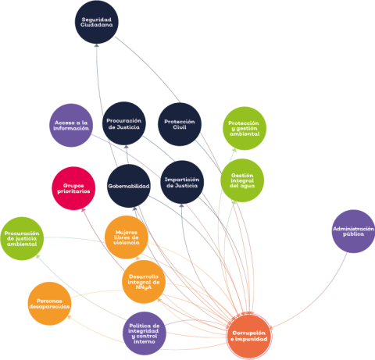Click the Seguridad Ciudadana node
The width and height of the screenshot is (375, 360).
[x=97, y=22]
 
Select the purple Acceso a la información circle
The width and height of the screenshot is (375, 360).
[x=71, y=125]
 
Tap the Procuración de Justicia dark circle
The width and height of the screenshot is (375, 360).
[x=124, y=123]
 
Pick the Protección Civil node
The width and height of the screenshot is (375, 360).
[x=180, y=124]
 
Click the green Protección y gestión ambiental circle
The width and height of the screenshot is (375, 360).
[x=245, y=128]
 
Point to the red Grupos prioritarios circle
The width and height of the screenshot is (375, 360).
[x=73, y=188]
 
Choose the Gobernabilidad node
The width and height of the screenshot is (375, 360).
[x=129, y=186]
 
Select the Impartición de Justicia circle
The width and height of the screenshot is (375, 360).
[x=182, y=182]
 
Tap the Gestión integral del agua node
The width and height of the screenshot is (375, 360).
[x=242, y=180]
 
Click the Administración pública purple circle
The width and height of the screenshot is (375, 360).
[x=353, y=231]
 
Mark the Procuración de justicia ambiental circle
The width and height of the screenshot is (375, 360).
[x=22, y=238]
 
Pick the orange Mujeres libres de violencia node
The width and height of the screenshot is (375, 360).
[x=127, y=237]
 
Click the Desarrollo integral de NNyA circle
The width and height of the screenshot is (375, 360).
[x=144, y=282]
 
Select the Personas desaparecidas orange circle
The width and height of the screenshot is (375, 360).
[x=49, y=304]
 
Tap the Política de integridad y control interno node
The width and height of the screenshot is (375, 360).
[x=145, y=333]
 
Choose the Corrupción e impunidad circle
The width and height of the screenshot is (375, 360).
[x=249, y=336]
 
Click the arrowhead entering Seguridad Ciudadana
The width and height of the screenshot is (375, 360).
[x=97, y=45]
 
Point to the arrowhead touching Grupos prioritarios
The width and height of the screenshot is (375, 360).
[x=83, y=209]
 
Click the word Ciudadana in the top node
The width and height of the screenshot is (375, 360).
[x=97, y=25]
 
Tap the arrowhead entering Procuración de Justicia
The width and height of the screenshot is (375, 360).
[x=126, y=147]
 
